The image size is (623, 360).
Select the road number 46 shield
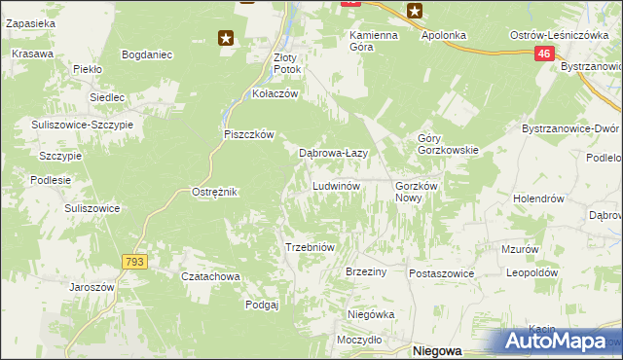(x=544, y=56)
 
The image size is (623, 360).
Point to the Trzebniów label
(x=310, y=247)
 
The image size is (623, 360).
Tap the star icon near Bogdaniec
(x=226, y=38)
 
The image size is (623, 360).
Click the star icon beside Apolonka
(x=416, y=12)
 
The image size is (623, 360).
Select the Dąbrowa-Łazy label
(x=332, y=153)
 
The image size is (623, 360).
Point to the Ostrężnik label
(x=215, y=192)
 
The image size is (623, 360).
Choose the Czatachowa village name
(x=211, y=276)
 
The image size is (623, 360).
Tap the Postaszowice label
(x=441, y=273)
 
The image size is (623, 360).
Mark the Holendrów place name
(x=539, y=198)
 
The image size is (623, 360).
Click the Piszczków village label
(x=250, y=134)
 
